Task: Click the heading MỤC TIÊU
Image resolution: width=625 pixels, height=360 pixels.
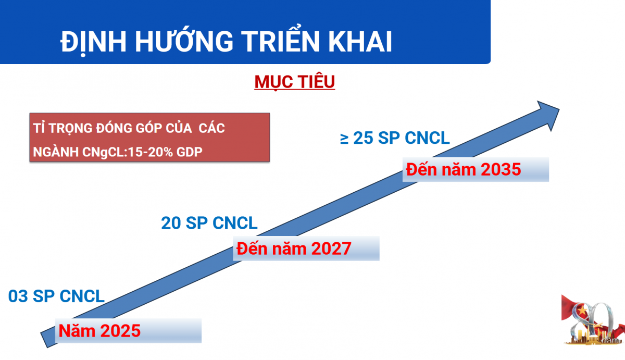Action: [x=294, y=82]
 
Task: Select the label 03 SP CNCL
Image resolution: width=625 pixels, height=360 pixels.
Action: [x=56, y=296]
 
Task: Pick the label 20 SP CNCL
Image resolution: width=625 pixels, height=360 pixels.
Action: [x=209, y=223]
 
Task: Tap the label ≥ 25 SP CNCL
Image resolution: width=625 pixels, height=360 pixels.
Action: [x=395, y=138]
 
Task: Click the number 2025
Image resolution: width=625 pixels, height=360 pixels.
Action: [x=120, y=331]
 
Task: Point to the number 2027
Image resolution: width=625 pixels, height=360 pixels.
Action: [x=331, y=249]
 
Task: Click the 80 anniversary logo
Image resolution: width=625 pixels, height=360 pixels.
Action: [x=593, y=319]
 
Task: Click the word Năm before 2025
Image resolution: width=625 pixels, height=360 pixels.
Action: [x=77, y=331]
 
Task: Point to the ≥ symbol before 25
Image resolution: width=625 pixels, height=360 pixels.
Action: [x=345, y=139]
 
